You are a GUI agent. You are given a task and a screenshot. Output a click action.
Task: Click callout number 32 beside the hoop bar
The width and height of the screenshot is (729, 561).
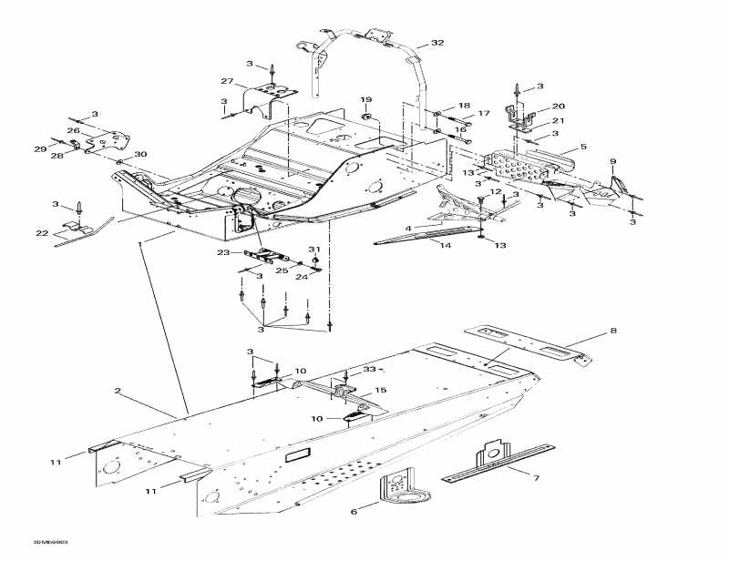click(437, 43)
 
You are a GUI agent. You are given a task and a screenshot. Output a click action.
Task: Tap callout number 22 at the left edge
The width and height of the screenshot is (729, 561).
click(41, 233)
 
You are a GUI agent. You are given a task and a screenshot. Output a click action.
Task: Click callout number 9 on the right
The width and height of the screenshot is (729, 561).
click(612, 161)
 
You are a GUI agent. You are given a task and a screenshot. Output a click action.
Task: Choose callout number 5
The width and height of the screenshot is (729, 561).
click(582, 146)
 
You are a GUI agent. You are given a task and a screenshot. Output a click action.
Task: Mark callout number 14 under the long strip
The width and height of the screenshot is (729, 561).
click(446, 246)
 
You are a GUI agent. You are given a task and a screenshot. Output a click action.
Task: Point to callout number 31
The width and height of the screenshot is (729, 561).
click(313, 249)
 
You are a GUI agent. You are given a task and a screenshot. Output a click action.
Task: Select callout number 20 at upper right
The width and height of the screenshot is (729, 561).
click(558, 106)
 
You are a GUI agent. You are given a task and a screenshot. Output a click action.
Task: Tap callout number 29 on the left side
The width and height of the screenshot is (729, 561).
click(40, 148)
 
